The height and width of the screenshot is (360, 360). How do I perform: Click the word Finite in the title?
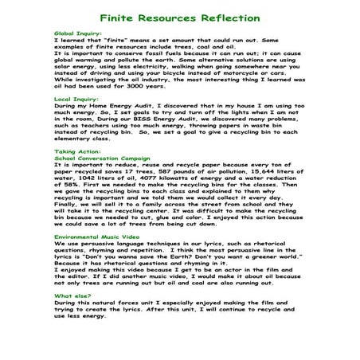tap(123, 16)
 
